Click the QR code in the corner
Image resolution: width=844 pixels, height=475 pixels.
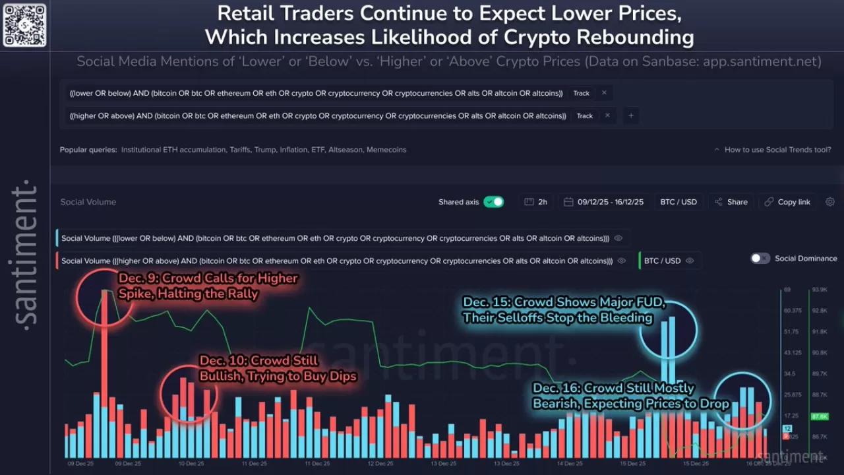tap(24, 25)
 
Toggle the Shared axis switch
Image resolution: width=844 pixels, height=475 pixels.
tap(493, 202)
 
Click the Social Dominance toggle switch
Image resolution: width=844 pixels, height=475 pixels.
tap(760, 259)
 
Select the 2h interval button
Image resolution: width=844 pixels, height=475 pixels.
tap(536, 202)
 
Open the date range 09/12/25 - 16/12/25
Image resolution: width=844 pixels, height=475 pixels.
tap(603, 202)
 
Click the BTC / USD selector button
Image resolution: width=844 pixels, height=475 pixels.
tap(678, 202)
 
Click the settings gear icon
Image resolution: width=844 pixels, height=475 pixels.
tap(830, 202)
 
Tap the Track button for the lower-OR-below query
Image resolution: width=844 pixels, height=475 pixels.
tap(581, 93)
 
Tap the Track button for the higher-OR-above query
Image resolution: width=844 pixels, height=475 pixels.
tap(584, 115)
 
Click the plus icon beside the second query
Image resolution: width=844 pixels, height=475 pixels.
tap(630, 115)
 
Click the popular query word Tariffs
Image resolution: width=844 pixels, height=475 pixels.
tap(240, 150)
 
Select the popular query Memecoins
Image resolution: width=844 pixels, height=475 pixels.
tap(386, 150)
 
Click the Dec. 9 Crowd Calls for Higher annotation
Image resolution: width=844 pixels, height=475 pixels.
tap(208, 286)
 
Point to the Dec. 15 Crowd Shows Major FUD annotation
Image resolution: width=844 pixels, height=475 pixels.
tap(564, 310)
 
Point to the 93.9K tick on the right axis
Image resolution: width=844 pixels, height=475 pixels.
tap(820, 290)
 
